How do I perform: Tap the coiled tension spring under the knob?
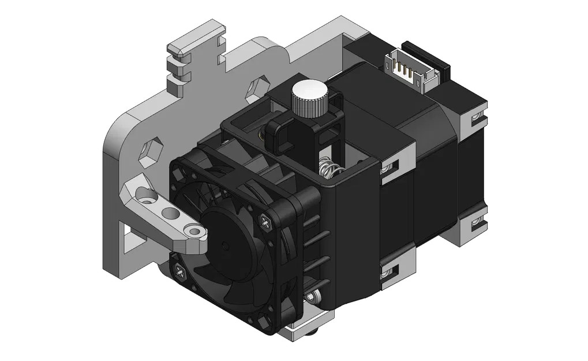point(327,169)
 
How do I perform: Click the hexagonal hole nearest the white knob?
point(254,90)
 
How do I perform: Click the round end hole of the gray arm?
point(196,232)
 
